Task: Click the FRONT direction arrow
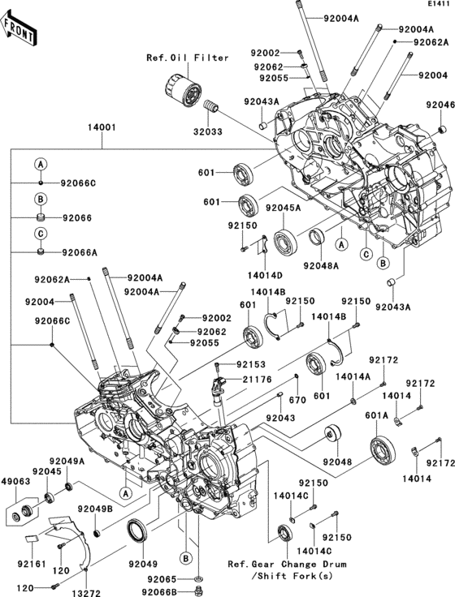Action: (x=19, y=28)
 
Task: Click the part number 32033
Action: (x=207, y=131)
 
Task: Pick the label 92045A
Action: (x=284, y=208)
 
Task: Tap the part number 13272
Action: (x=87, y=593)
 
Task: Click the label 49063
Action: (x=15, y=482)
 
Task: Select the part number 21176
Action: (x=258, y=380)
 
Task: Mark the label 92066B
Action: (x=159, y=591)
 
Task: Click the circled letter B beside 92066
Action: (x=41, y=199)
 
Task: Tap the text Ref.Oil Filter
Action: (x=188, y=58)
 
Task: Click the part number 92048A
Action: (x=321, y=265)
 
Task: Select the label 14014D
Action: (x=265, y=275)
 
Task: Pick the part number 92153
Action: (x=251, y=364)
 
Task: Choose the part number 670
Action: (x=297, y=400)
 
